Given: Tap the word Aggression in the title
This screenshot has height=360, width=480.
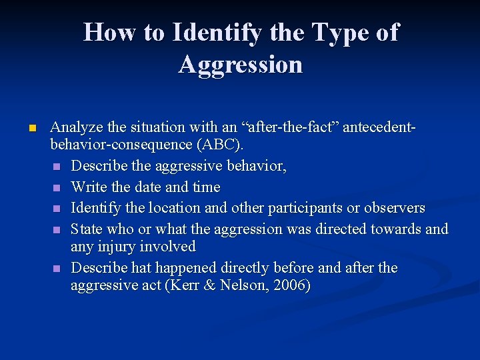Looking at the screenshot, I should (240, 65).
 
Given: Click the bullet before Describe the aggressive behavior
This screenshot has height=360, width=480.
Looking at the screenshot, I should (57, 167).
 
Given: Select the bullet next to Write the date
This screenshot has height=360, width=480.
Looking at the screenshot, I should (57, 187).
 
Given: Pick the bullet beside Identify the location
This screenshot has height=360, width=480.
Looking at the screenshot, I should (57, 208).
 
